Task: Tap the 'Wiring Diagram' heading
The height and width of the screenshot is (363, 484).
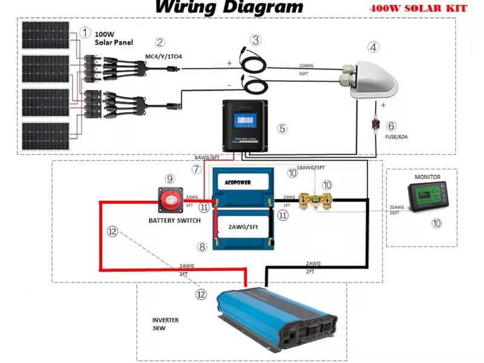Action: point(229,7)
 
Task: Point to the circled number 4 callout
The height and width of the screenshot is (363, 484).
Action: point(374,47)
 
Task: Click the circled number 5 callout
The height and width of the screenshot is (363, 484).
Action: point(282,128)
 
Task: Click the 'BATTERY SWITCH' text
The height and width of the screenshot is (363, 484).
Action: point(174,220)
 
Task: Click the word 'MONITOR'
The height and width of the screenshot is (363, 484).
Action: point(428,177)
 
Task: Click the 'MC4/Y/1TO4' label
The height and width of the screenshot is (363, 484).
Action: point(163,57)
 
